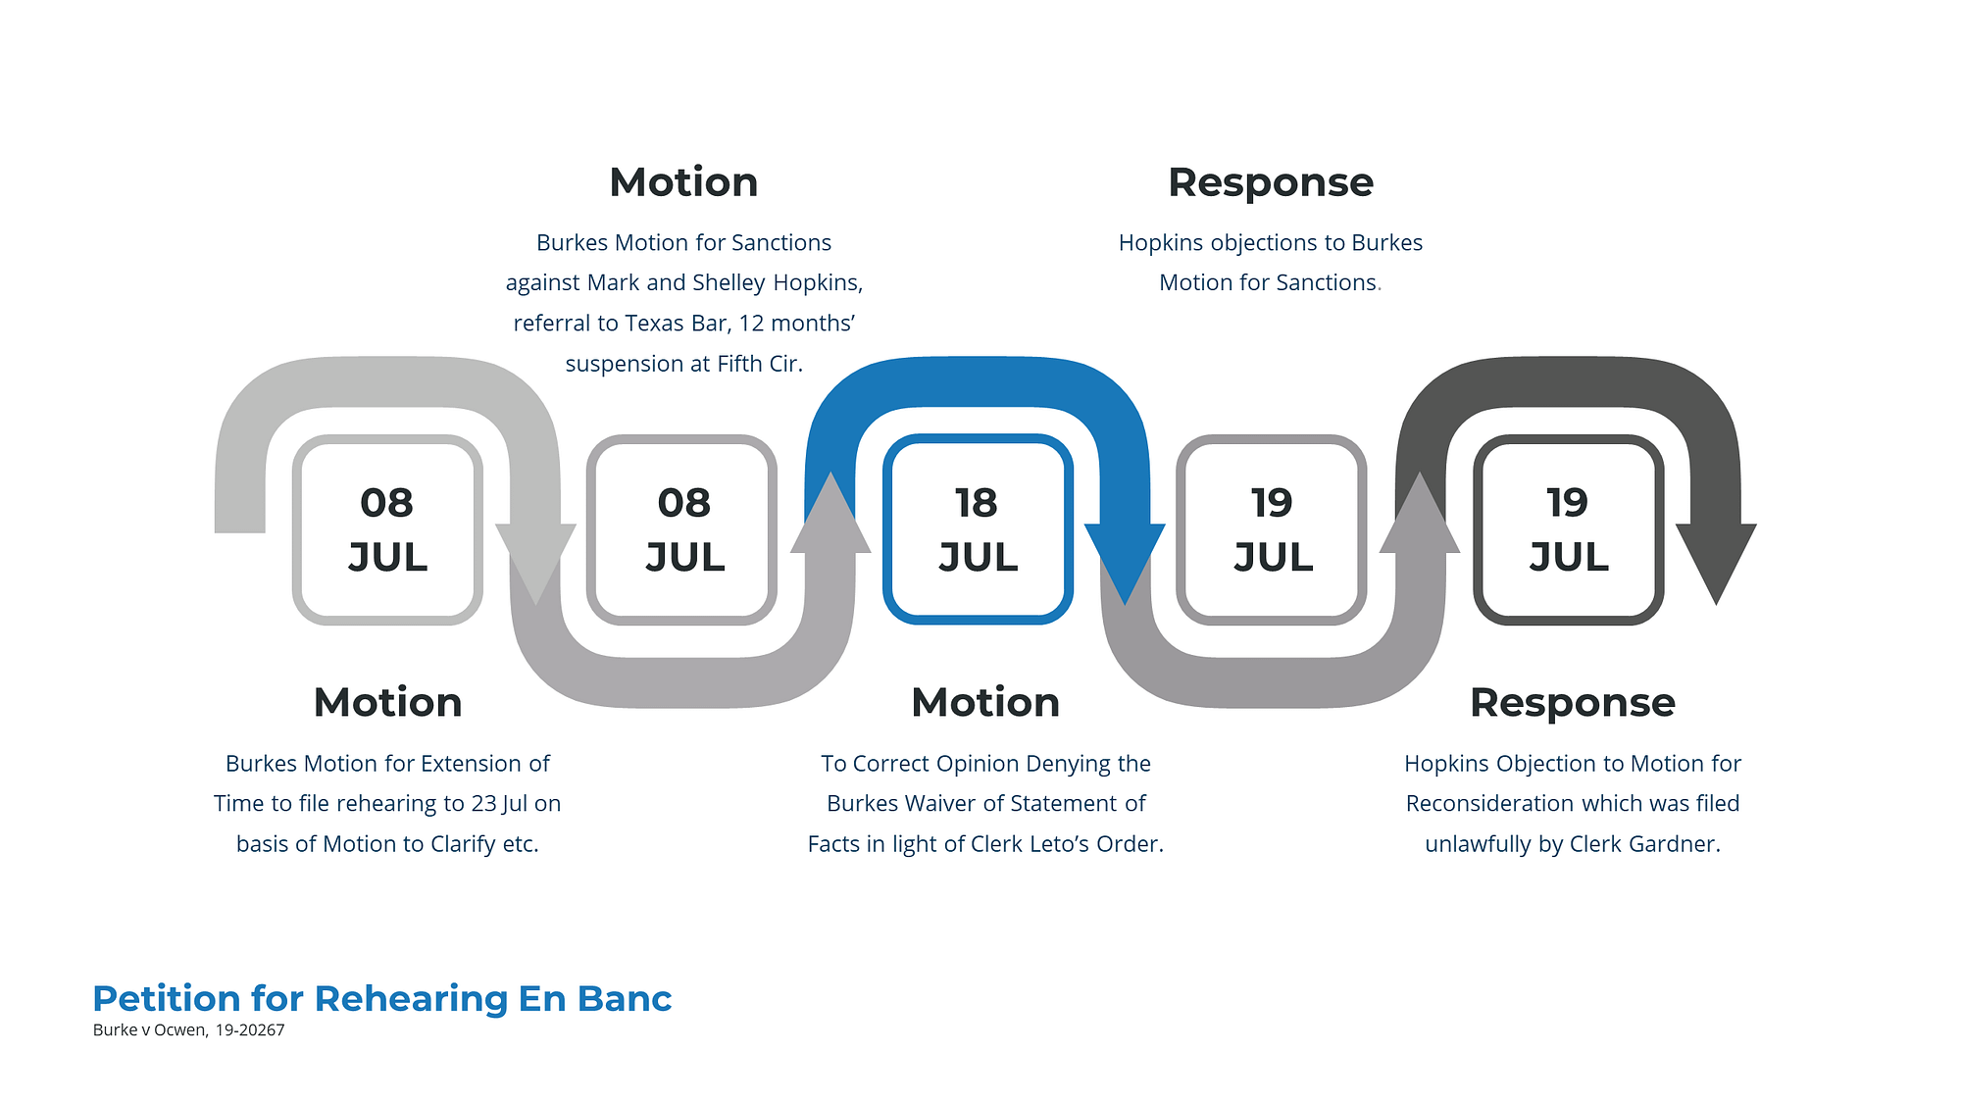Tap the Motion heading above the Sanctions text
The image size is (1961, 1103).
click(x=683, y=182)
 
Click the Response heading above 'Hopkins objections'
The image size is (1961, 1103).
click(x=1271, y=183)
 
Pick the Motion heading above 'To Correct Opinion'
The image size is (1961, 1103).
click(x=985, y=703)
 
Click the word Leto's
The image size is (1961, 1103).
click(x=1069, y=844)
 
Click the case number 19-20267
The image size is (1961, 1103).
click(x=250, y=1030)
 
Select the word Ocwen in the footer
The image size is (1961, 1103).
click(x=180, y=1030)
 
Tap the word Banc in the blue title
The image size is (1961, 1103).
click(x=625, y=998)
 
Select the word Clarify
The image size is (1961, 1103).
click(x=463, y=844)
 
